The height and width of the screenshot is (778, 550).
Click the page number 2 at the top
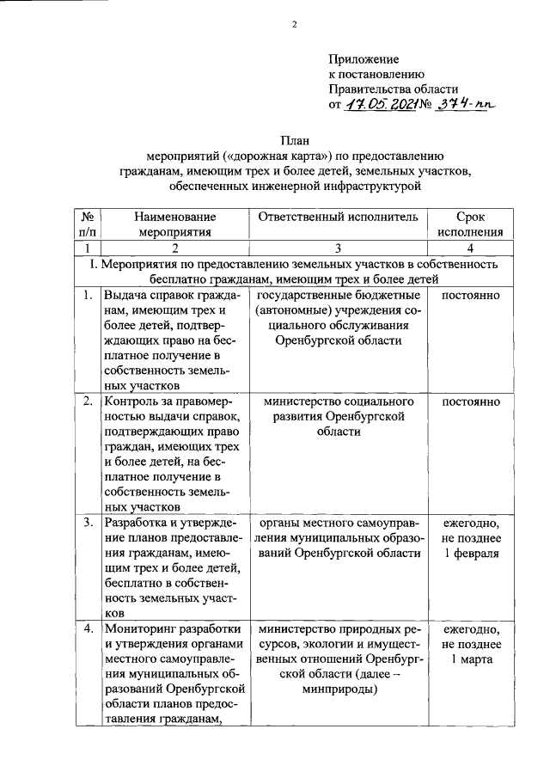pos(294,24)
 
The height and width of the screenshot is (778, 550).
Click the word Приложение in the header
pos(364,59)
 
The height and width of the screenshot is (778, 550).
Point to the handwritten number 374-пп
pos(466,105)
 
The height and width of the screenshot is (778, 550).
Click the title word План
pos(294,140)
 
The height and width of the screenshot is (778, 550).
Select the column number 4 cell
pos(470,248)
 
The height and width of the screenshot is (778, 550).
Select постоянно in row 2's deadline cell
pos(470,401)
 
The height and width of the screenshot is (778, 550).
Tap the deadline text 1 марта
pos(470,659)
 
